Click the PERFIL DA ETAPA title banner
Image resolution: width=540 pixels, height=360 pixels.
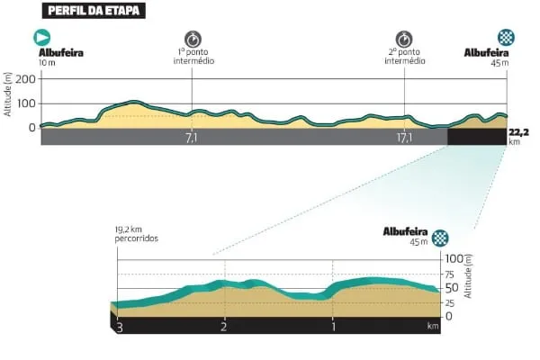click(x=94, y=12)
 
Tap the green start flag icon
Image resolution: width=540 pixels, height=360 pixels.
click(x=42, y=38)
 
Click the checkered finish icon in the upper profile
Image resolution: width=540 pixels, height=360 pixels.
click(x=506, y=38)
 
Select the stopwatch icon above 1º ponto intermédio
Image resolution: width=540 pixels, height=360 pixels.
click(x=193, y=38)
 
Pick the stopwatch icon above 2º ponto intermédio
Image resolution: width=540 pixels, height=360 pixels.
click(x=404, y=38)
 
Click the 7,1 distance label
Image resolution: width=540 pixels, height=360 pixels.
click(x=192, y=139)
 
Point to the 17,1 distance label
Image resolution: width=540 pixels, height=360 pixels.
click(x=403, y=139)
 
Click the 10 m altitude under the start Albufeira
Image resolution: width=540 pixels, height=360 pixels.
click(x=48, y=63)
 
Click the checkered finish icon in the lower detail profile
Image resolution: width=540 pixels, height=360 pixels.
click(x=440, y=238)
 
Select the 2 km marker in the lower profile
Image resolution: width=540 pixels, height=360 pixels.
click(x=224, y=326)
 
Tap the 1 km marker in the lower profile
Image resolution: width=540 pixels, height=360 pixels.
click(x=334, y=326)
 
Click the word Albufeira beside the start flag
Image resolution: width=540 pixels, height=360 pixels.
click(x=61, y=52)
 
